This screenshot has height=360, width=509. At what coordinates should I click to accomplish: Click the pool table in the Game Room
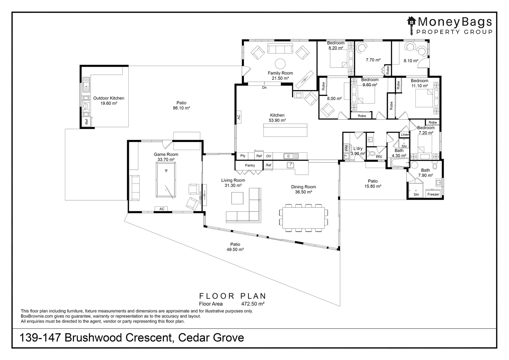tap(166, 180)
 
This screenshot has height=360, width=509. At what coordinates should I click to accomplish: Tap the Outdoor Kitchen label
tap(109, 98)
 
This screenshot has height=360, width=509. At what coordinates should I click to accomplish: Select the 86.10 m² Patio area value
tap(181, 108)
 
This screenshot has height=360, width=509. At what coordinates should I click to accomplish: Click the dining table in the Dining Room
tap(303, 218)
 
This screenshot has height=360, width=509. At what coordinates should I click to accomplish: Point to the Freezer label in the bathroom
tap(433, 194)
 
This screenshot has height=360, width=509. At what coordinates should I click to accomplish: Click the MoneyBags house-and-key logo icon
tap(411, 25)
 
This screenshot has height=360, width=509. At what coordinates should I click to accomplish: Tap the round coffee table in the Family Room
tap(280, 64)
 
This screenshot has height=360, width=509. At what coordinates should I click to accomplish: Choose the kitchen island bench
tap(285, 130)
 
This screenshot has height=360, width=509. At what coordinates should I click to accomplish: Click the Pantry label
tap(250, 165)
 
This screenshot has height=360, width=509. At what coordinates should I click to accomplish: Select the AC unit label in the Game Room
tap(162, 209)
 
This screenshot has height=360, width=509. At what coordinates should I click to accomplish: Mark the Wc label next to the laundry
tap(379, 156)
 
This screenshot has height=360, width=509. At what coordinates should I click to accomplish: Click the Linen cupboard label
tap(405, 135)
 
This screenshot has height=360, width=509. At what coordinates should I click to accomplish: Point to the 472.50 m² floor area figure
tap(253, 304)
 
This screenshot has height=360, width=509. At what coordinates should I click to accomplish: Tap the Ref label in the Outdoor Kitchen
tap(87, 122)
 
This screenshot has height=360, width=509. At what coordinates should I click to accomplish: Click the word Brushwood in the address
tap(94, 337)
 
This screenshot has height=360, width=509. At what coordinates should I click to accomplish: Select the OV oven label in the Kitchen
tap(268, 156)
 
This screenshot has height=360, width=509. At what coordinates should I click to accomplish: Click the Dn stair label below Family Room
tap(264, 88)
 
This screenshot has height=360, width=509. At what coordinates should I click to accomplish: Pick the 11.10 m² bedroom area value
tap(419, 86)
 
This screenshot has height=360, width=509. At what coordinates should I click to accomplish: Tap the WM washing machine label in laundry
tap(346, 148)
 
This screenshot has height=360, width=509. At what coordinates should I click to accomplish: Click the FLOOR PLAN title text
tap(233, 296)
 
